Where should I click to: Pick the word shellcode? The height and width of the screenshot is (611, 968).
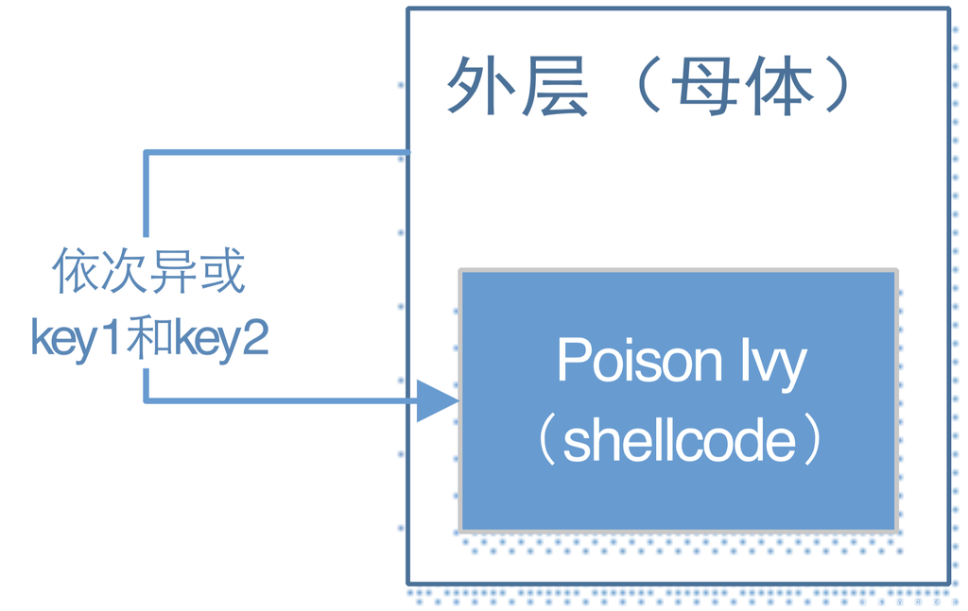point(679,441)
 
